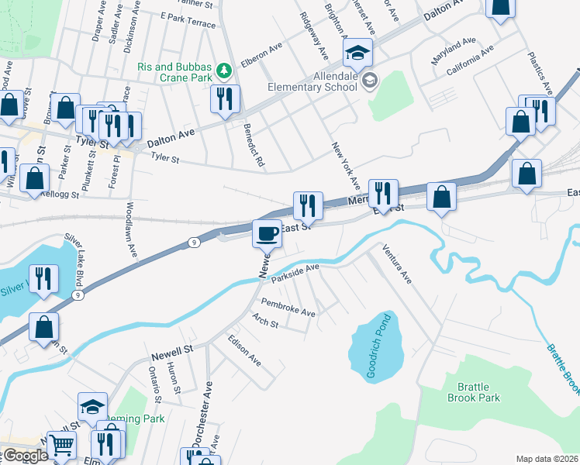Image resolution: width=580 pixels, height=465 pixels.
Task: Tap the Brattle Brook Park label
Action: (x=474, y=392)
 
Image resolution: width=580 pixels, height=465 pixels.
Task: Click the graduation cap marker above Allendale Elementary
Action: (x=358, y=53)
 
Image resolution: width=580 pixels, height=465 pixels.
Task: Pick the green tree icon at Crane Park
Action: (x=224, y=71)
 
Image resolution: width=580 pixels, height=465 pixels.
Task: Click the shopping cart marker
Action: (x=61, y=446)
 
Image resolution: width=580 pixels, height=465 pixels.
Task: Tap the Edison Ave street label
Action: (x=244, y=350)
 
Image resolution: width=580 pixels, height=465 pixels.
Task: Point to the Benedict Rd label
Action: (x=254, y=145)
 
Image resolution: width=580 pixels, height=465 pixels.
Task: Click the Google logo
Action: (x=26, y=456)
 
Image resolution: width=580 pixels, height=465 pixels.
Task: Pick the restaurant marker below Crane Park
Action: (x=225, y=98)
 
